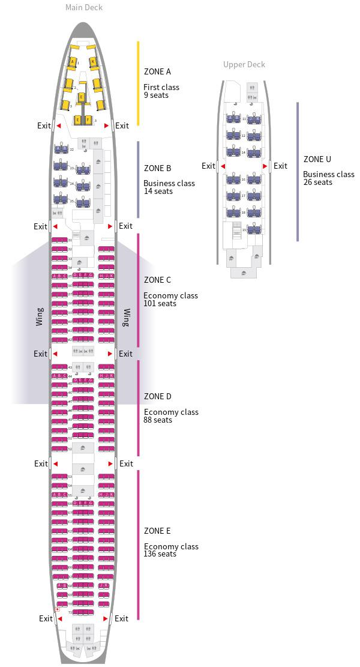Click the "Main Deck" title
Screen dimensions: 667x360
tap(84, 8)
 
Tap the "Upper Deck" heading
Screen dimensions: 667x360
tap(244, 64)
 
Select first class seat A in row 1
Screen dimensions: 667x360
tap(73, 62)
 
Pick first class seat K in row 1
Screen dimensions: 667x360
tap(93, 62)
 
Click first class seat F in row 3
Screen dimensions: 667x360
tap(88, 120)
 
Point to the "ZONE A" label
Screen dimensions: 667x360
tap(158, 71)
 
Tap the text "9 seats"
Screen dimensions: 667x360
tap(156, 95)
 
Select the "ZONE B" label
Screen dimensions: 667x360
tap(158, 168)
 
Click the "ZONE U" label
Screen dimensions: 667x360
tap(317, 159)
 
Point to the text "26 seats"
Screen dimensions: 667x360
tap(318, 182)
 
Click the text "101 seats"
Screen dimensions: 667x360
tap(160, 303)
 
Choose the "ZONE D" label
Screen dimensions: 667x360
tap(158, 396)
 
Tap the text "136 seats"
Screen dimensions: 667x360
tap(160, 554)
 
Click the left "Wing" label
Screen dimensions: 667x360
tap(40, 316)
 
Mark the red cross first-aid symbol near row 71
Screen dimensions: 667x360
tap(57, 609)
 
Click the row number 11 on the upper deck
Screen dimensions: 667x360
tap(244, 119)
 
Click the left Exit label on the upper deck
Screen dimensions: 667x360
tap(208, 166)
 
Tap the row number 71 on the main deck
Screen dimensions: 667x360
tap(70, 612)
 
